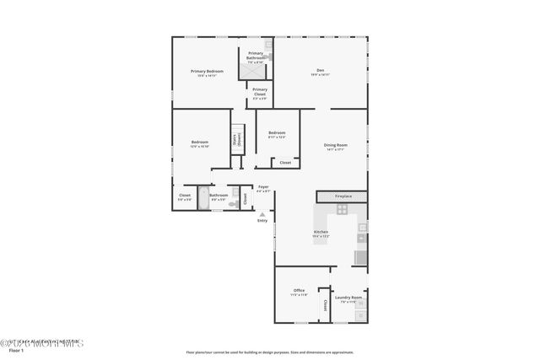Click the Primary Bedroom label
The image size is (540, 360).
[207, 73]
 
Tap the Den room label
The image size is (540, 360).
[320, 72]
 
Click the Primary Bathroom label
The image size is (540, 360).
[256, 56]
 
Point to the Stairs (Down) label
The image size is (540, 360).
[238, 141]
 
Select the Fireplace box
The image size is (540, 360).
[343, 196]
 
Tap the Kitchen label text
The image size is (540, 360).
[321, 233]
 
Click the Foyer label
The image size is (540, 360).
[263, 187]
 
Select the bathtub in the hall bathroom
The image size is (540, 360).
[203, 196]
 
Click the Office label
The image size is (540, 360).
[299, 293]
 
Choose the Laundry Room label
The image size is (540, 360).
[348, 298]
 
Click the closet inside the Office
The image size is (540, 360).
[324, 309]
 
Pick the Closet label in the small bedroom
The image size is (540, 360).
[285, 162]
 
